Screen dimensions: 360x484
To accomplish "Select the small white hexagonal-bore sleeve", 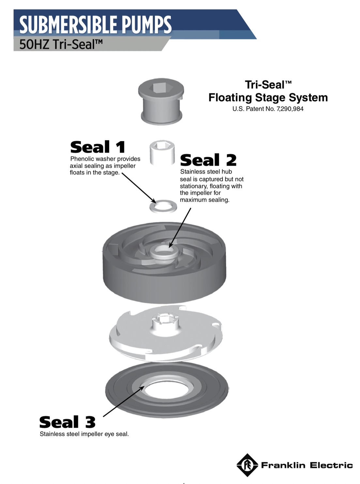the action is [x=162, y=153].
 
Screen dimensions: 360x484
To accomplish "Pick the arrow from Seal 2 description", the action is [x=180, y=228].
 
